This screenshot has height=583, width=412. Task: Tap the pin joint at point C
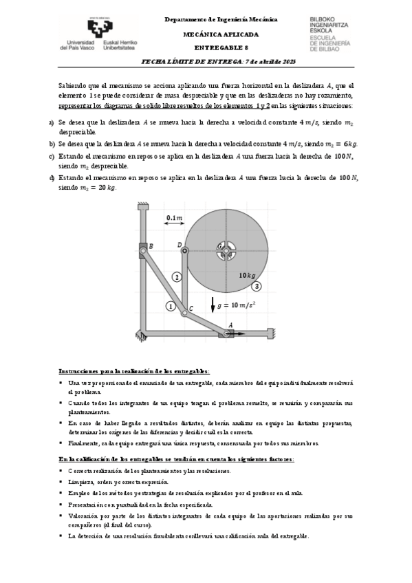tap(184, 313)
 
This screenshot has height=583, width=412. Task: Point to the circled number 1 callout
tap(171, 306)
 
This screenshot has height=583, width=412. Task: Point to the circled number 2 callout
tap(177, 276)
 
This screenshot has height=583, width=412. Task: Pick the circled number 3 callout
tap(257, 286)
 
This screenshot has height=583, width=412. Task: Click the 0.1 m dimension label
tap(175, 219)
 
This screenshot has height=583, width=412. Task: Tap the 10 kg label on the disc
tap(248, 275)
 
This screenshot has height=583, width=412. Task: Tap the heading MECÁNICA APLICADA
tap(221, 34)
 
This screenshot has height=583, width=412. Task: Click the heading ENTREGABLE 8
tap(221, 47)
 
